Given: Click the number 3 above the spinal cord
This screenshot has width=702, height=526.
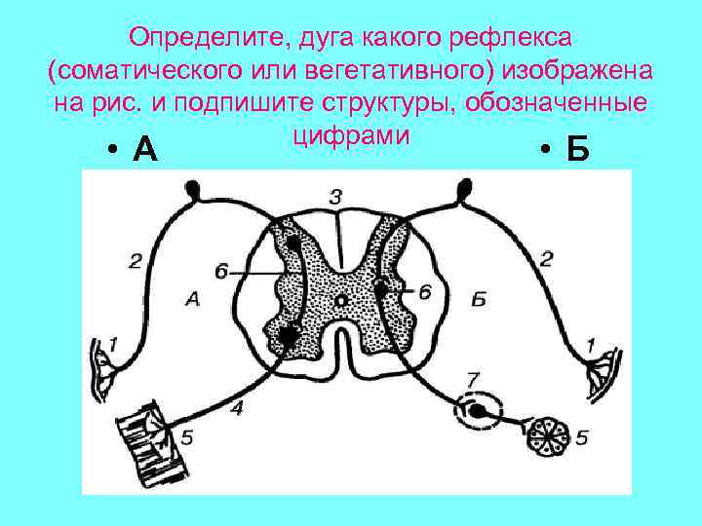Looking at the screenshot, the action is pos(335,197).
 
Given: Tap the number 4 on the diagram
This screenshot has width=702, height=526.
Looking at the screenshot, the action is pos(238,408).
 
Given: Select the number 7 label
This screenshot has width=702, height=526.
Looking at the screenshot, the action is pos(474,378).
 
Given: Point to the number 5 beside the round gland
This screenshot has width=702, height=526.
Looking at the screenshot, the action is pos(581,437).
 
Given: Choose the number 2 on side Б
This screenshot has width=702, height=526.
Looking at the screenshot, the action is pos(546,258).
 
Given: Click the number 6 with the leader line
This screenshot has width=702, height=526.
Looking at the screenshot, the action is pos(221,272).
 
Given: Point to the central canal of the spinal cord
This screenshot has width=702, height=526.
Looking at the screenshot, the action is pos(340,303).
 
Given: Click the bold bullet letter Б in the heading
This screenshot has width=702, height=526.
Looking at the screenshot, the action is pos(578,150).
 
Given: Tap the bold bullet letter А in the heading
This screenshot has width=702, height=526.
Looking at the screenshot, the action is pos(143,150).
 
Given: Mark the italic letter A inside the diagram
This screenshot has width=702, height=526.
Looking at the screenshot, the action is pos(192,301).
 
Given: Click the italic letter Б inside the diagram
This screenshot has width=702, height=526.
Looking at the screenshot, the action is pos(478,299).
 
